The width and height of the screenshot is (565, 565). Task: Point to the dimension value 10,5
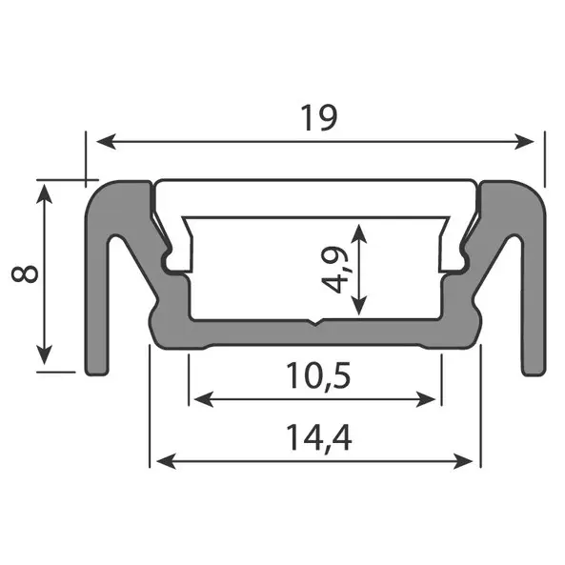(317, 376)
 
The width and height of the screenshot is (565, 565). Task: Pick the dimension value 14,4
(315, 438)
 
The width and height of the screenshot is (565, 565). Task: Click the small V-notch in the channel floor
(315, 323)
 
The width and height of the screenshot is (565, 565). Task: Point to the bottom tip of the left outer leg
(96, 372)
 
